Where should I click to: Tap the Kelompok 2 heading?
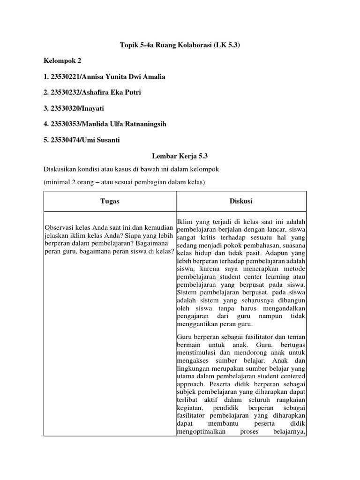(x=62, y=60)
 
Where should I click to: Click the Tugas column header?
(x=110, y=201)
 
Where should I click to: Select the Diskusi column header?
(x=241, y=201)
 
